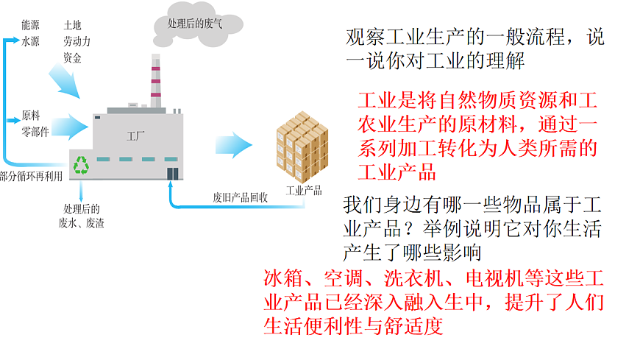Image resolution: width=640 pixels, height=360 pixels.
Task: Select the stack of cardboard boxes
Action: (302, 147)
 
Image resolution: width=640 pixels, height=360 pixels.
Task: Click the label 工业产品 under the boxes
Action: (303, 190)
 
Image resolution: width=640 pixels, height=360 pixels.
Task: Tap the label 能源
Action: (32, 25)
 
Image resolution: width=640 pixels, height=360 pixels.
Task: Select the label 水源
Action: (32, 42)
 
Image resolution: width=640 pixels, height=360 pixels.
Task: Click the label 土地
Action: (73, 25)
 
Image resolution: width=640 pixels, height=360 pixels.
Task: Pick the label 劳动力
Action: (77, 42)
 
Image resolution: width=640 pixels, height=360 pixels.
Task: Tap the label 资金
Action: (73, 58)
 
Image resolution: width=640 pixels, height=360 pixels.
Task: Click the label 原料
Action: (32, 116)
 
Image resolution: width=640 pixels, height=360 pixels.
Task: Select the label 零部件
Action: (36, 133)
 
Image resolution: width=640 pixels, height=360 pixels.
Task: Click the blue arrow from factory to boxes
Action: (234, 144)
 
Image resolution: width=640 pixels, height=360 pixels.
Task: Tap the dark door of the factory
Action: (173, 173)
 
